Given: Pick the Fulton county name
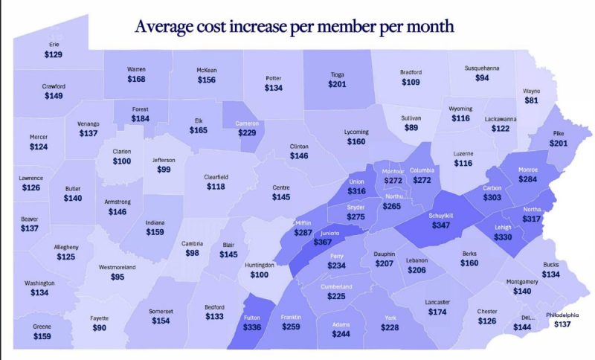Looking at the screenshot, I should click(252, 318).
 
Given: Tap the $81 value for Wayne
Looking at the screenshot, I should click(532, 100).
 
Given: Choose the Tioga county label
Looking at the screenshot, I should click(338, 74).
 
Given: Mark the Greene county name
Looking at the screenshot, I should click(42, 327).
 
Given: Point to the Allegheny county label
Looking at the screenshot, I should click(65, 247).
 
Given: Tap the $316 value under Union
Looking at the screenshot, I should click(357, 191).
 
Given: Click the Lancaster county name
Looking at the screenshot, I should click(437, 302).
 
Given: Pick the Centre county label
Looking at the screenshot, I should click(281, 187).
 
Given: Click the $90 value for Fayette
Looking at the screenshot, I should click(99, 328).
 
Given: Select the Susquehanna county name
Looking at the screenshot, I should click(482, 68).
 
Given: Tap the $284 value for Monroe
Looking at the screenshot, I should click(527, 179).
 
